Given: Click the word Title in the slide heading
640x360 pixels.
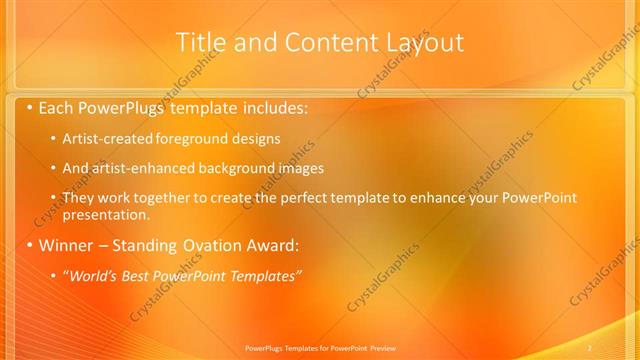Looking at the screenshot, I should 199,42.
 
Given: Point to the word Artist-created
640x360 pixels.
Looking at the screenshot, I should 103,138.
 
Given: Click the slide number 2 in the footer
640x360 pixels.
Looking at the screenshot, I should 590,347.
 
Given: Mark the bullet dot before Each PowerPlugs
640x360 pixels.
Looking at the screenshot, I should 30,106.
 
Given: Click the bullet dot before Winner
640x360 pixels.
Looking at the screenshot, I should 30,245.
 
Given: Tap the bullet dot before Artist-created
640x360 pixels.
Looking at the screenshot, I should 53,138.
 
